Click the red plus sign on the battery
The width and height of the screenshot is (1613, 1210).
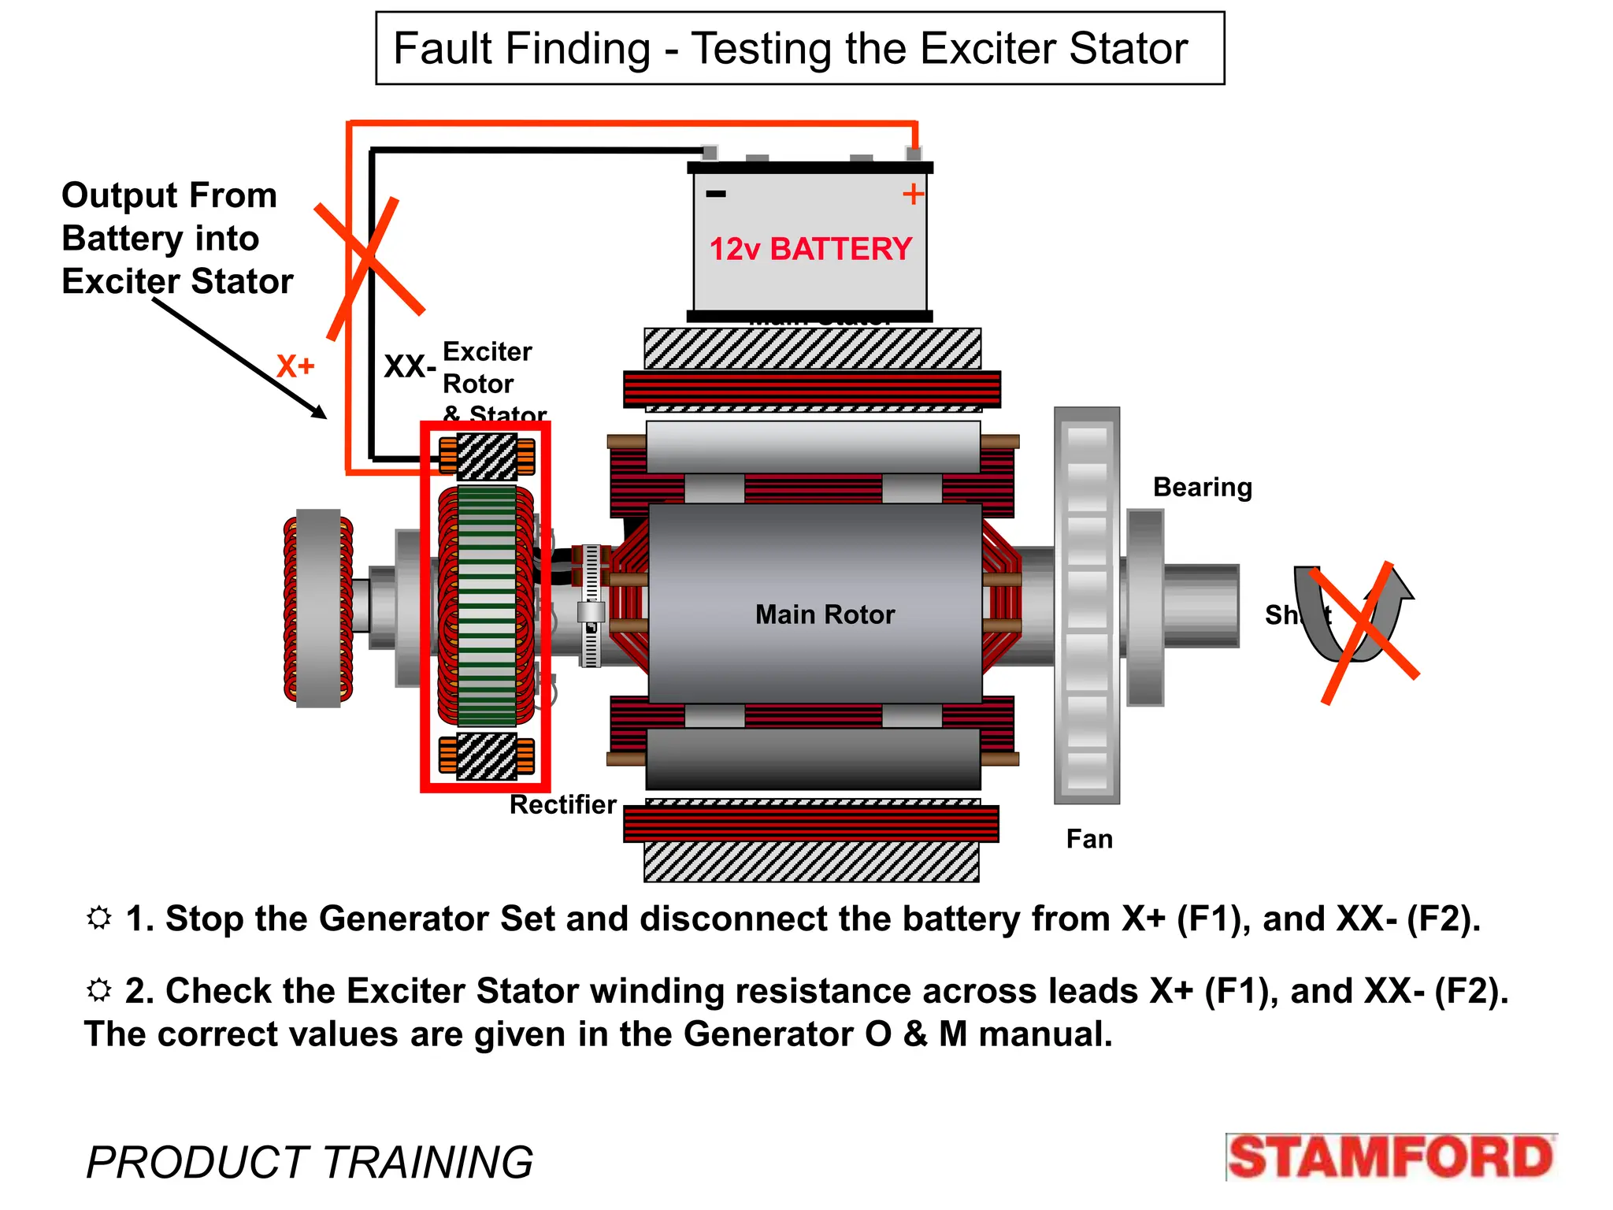click(913, 194)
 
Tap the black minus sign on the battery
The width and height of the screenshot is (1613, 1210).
click(716, 194)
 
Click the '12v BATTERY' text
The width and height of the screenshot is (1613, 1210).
click(810, 249)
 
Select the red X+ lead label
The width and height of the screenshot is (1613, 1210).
click(295, 366)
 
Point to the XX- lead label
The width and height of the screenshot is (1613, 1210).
click(410, 367)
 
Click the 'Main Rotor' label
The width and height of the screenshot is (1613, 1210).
click(825, 614)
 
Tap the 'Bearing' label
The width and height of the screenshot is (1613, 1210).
click(1202, 488)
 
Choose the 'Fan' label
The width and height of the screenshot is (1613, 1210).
click(1089, 839)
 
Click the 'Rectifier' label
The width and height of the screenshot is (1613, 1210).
click(563, 804)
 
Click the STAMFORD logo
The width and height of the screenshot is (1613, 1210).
click(1391, 1157)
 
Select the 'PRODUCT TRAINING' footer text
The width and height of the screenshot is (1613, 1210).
click(310, 1162)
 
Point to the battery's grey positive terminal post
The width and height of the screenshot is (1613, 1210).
click(914, 153)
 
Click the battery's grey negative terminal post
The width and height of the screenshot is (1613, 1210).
click(710, 152)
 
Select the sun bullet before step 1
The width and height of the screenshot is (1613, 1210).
click(99, 918)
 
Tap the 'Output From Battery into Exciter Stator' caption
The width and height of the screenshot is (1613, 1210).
click(176, 238)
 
